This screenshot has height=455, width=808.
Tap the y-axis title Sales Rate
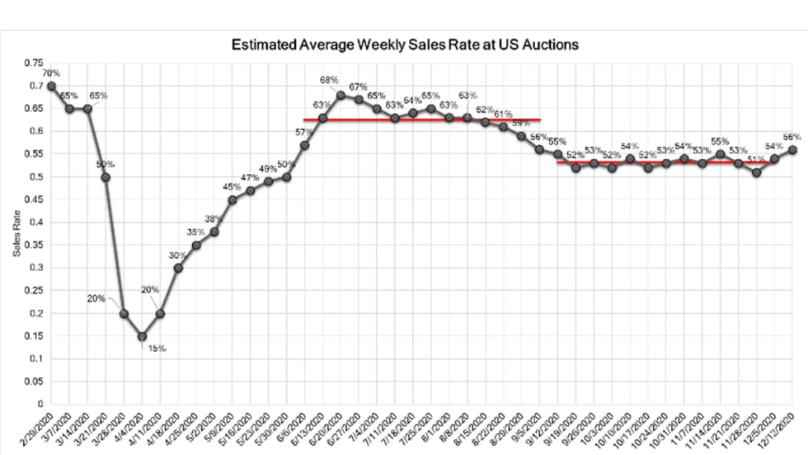(x=17, y=233)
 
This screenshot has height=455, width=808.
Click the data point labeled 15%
(x=142, y=335)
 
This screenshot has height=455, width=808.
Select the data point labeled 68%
(x=341, y=95)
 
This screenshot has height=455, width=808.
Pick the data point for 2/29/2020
(x=52, y=86)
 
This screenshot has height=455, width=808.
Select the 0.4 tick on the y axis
(x=35, y=222)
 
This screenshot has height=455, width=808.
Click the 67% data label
(x=358, y=87)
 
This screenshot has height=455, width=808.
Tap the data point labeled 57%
(x=304, y=145)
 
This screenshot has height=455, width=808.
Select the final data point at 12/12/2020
(x=792, y=149)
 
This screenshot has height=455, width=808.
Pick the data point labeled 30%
(x=178, y=268)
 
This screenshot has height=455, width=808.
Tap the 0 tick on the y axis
(x=38, y=404)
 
